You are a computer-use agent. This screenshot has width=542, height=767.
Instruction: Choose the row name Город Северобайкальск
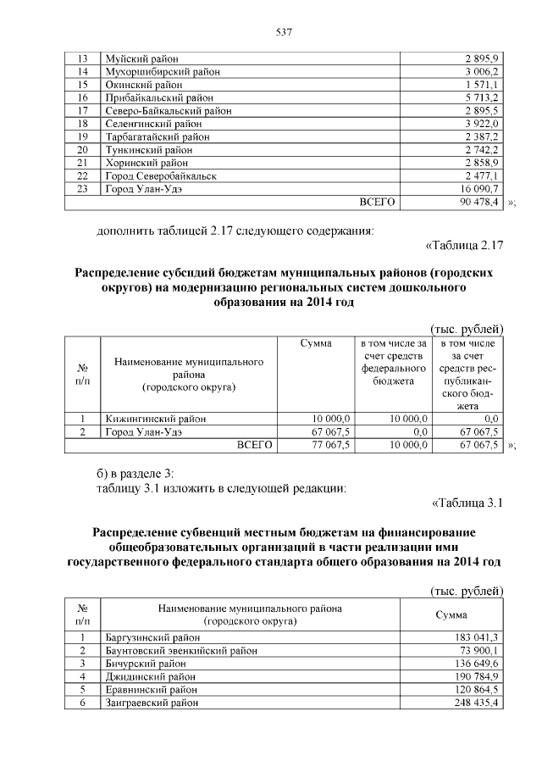(x=160, y=175)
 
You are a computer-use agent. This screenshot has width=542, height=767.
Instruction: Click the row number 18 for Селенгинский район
(x=83, y=124)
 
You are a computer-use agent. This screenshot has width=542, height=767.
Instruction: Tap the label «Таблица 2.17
(x=462, y=247)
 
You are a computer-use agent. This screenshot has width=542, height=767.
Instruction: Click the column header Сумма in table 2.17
(x=316, y=343)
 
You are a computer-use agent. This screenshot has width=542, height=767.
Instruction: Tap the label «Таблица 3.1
(x=467, y=503)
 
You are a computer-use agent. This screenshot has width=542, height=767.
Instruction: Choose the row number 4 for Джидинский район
(x=83, y=676)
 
